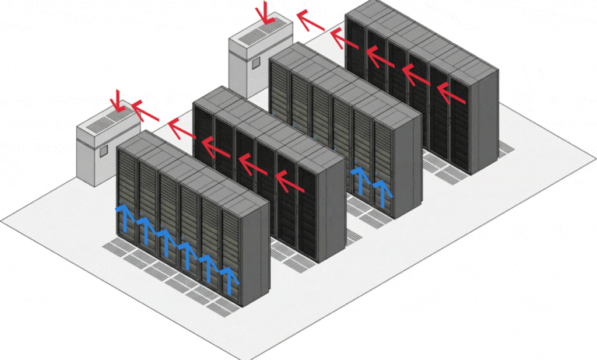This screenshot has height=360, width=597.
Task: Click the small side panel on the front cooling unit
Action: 103,151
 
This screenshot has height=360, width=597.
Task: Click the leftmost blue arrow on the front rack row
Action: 124,215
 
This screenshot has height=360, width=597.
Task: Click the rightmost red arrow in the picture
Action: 451,93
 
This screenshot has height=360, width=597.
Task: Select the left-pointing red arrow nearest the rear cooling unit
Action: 310,21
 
